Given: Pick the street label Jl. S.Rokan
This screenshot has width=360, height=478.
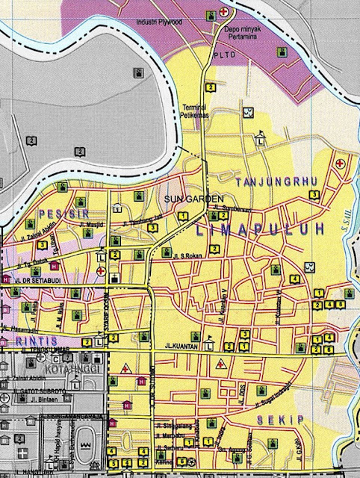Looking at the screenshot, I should (188, 256).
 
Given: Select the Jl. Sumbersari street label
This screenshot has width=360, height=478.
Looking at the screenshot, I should (228, 207).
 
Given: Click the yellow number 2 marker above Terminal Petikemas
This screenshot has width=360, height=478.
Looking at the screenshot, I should (211, 87).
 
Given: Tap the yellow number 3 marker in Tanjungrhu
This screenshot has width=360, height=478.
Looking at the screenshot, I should (315, 194).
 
